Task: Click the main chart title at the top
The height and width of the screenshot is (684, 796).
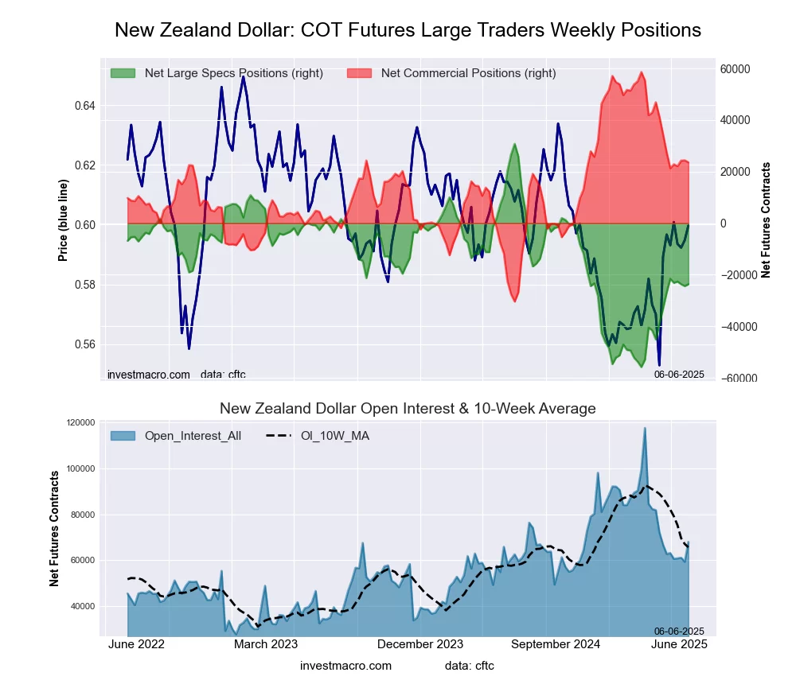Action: coord(408,30)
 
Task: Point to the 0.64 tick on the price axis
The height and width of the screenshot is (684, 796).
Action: coord(84,106)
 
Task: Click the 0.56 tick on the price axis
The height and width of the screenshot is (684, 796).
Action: coord(84,344)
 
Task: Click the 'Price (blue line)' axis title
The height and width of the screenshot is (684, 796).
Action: coord(63,220)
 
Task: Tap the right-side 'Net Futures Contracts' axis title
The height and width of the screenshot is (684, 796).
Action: coord(767,220)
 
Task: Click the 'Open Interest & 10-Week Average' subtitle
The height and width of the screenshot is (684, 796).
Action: coord(408,409)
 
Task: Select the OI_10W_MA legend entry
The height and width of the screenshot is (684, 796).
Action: coord(334,436)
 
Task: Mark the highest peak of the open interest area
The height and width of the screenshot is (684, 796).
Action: coord(645,428)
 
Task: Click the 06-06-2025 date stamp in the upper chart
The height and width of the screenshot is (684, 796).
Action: coord(679,374)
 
